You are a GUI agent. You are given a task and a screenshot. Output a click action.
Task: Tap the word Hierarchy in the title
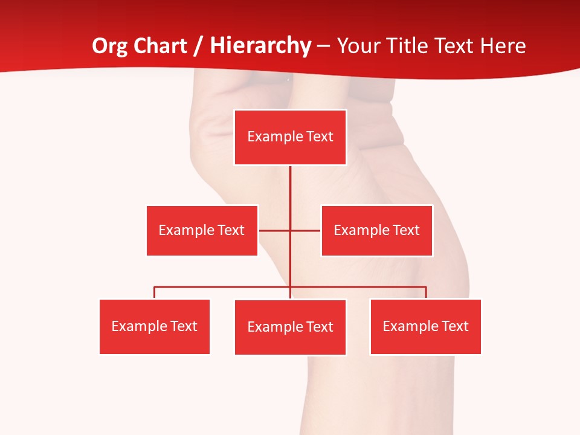(x=260, y=46)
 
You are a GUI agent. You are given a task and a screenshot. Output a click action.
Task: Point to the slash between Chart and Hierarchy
(x=198, y=46)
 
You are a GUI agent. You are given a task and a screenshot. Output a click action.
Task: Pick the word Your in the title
(x=356, y=46)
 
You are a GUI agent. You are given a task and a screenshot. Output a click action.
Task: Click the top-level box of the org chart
(x=290, y=137)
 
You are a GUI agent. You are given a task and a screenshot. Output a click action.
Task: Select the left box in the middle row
(x=202, y=230)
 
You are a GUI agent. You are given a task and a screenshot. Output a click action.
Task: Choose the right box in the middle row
(x=376, y=230)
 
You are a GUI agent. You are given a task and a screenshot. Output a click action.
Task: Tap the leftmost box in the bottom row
(x=155, y=327)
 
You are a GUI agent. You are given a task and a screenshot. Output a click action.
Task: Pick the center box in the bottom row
(x=290, y=327)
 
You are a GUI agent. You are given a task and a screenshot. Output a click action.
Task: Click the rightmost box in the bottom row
(x=425, y=327)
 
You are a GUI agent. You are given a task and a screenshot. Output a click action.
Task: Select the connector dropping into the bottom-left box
(x=155, y=292)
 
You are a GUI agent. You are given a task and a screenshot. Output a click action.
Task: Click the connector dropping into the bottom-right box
(x=426, y=292)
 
